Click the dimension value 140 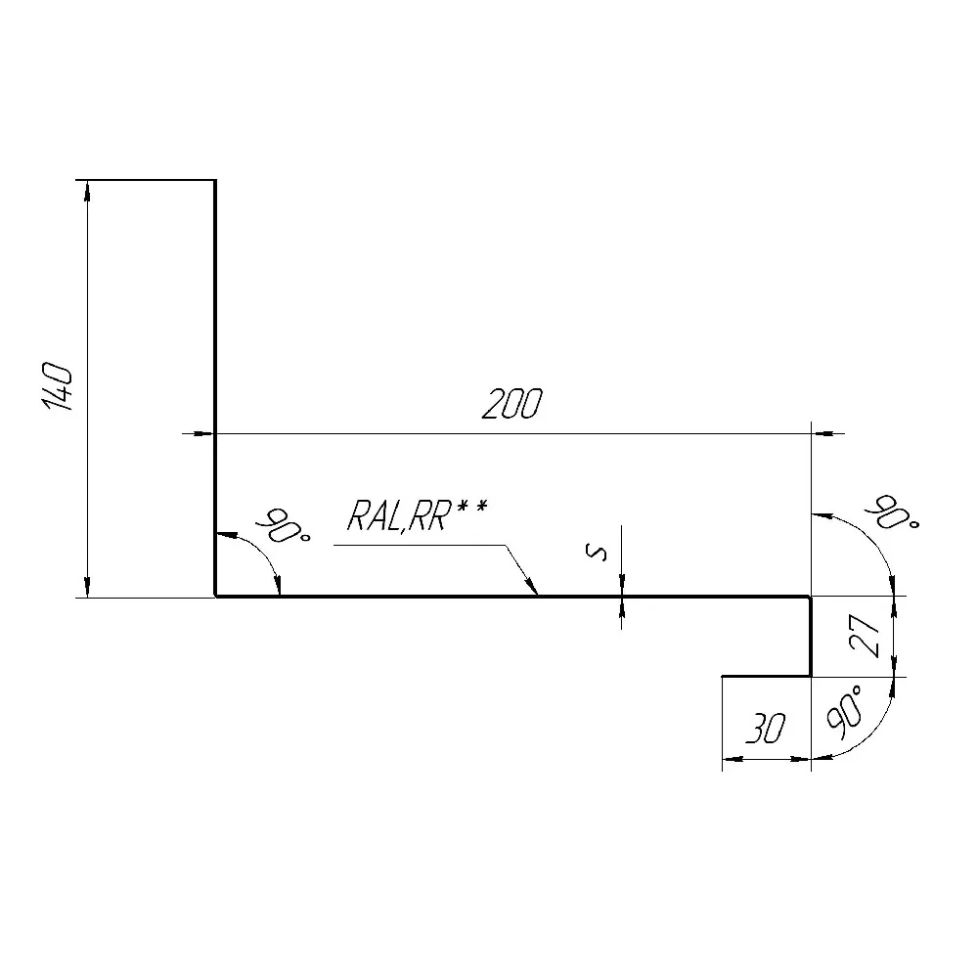[x=58, y=387]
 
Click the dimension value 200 [x=512, y=403]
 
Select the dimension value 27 [x=867, y=636]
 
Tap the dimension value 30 [x=766, y=728]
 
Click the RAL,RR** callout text [x=417, y=514]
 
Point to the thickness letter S [x=597, y=552]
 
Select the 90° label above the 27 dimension [x=892, y=511]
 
